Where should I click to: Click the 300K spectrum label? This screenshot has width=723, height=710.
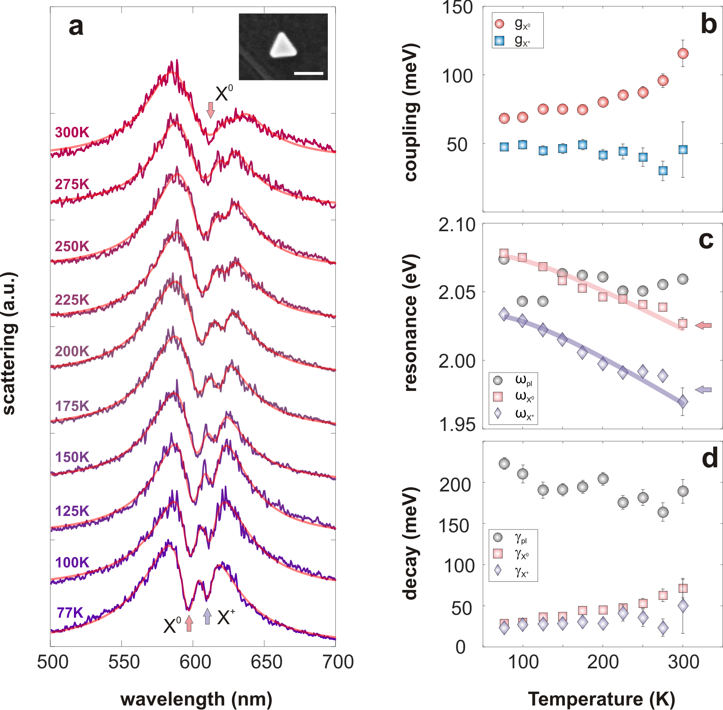72,132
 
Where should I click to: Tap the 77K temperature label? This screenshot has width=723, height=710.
70,613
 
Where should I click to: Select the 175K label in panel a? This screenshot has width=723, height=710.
72,406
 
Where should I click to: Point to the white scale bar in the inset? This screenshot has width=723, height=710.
308,74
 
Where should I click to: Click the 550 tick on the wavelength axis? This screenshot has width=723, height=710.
124,662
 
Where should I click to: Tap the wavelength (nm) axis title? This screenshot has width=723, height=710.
196,699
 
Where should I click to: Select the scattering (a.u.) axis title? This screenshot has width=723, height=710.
9,343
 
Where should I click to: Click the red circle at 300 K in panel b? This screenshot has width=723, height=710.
683,54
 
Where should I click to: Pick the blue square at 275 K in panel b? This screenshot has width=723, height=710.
663,171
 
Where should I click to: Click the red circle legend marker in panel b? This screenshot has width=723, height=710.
499,24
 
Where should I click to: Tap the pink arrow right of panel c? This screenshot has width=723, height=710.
703,325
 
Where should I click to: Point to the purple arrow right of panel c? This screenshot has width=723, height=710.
703,390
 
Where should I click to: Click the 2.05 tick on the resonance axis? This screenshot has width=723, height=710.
456,292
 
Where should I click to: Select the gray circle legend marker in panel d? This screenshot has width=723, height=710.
498,537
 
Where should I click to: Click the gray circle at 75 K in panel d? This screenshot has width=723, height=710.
504,464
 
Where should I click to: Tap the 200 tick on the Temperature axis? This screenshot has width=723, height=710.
603,662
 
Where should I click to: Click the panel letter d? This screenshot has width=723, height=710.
710,458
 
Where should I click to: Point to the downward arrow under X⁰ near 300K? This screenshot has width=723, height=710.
210,110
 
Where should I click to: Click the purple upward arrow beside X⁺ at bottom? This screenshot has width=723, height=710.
207,616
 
